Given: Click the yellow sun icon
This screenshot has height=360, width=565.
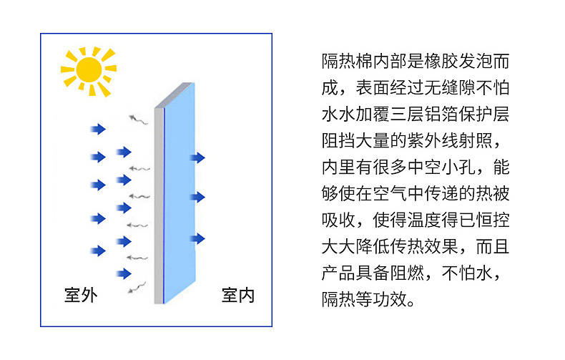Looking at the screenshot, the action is (x=88, y=69).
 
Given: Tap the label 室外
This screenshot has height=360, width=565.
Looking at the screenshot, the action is (x=80, y=295).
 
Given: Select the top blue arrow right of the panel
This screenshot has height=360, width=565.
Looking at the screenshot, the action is (x=197, y=157).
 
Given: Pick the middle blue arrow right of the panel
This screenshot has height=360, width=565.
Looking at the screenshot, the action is (x=197, y=197).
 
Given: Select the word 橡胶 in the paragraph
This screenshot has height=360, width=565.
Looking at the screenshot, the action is (x=432, y=61).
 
